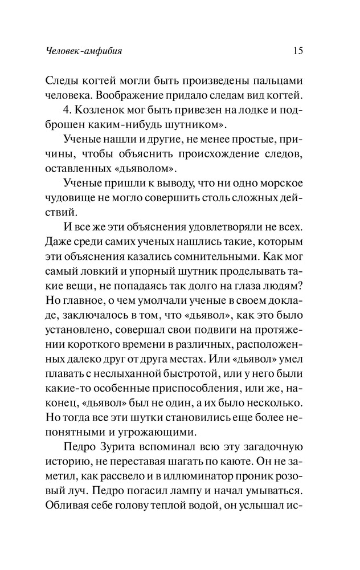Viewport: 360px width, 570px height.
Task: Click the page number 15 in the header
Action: [297, 51]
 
